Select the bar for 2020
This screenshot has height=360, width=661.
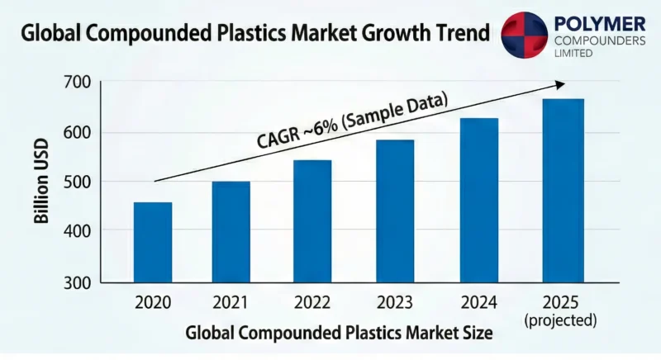point(152,243)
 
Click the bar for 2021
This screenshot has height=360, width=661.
point(231,232)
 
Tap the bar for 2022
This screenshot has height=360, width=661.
point(312,221)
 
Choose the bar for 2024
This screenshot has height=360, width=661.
point(479,201)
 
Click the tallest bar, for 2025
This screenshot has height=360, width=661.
point(564,191)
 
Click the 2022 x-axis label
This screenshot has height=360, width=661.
point(312,302)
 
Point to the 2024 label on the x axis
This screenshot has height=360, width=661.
point(479,302)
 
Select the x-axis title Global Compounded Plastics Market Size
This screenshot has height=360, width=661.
point(339,334)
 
